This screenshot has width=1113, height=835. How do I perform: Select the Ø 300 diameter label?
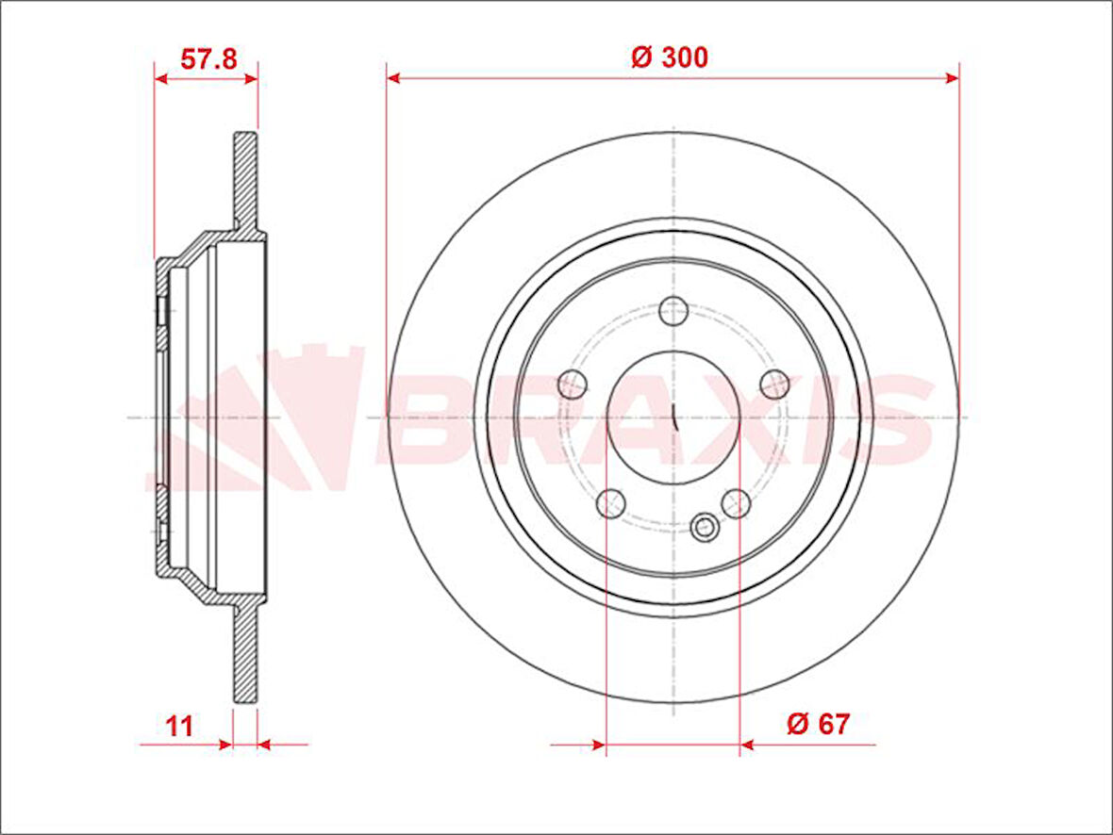tap(670, 57)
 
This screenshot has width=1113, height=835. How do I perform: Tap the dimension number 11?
tap(179, 726)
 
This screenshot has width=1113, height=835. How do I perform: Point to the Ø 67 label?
tap(818, 724)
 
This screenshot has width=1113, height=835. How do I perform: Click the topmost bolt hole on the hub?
tap(673, 310)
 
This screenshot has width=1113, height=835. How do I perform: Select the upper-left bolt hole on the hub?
tap(573, 384)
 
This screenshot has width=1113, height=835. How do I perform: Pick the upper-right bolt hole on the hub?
tap(774, 384)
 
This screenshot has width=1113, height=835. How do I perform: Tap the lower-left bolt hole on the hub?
tap(611, 502)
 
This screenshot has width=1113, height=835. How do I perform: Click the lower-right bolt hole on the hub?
tap(736, 502)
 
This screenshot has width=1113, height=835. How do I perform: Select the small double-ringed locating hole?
tap(704, 529)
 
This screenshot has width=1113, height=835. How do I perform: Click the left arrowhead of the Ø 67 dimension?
tap(598, 745)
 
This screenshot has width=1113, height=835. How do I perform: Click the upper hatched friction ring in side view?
tap(245, 179)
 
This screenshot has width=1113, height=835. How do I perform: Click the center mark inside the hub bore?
tap(673, 416)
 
